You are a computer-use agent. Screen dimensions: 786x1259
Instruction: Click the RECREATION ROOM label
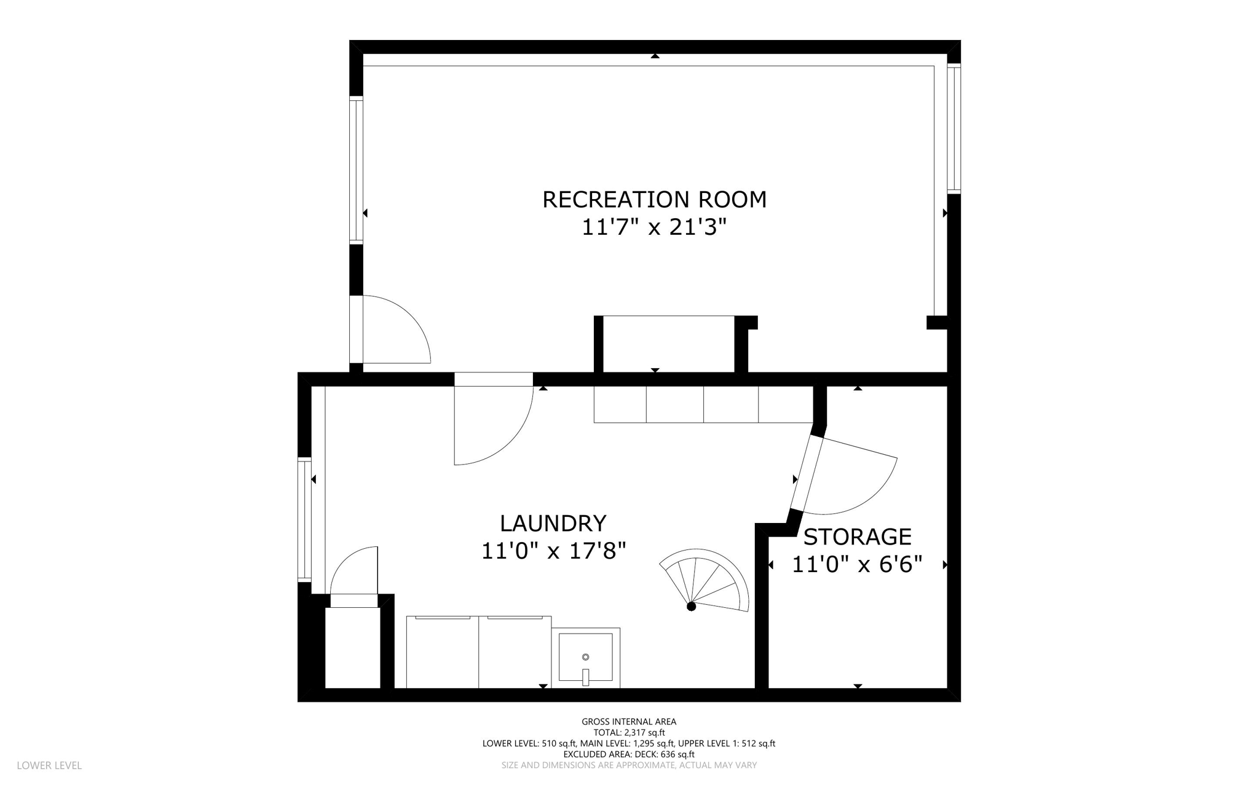click(654, 200)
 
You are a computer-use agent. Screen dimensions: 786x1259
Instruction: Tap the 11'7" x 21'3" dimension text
click(654, 227)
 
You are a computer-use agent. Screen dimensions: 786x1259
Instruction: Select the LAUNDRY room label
click(553, 524)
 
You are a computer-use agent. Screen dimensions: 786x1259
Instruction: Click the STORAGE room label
click(857, 537)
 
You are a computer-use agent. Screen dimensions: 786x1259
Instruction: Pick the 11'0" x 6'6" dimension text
click(857, 565)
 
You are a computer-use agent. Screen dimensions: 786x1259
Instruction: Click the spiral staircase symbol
click(707, 581)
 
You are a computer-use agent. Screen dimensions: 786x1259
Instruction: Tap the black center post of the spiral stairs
click(691, 607)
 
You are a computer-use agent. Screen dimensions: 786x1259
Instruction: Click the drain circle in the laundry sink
click(585, 657)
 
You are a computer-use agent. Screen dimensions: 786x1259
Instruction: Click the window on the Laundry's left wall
click(304, 519)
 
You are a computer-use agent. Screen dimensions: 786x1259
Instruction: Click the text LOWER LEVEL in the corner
click(49, 766)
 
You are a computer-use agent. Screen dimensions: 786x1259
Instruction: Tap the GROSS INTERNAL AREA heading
click(629, 722)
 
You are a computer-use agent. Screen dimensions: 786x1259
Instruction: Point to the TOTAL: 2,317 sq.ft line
click(629, 733)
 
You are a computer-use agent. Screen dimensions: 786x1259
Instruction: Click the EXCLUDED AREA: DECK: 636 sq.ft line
click(629, 755)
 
